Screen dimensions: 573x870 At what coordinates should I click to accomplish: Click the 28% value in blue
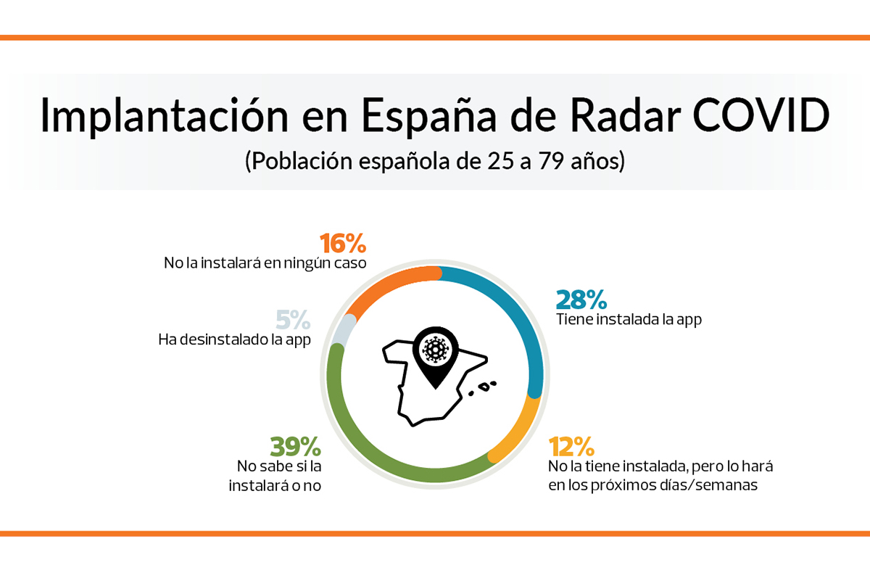click(581, 300)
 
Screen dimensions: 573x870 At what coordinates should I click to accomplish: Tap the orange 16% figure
click(344, 244)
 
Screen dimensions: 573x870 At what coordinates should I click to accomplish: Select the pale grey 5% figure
click(293, 320)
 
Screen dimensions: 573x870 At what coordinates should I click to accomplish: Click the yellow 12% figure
click(573, 445)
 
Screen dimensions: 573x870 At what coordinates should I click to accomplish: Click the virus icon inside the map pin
click(435, 350)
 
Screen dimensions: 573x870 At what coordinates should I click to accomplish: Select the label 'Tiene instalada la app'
click(629, 319)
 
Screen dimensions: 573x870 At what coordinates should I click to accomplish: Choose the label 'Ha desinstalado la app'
click(234, 339)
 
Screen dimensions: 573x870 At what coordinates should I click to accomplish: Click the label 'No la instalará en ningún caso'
click(265, 262)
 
